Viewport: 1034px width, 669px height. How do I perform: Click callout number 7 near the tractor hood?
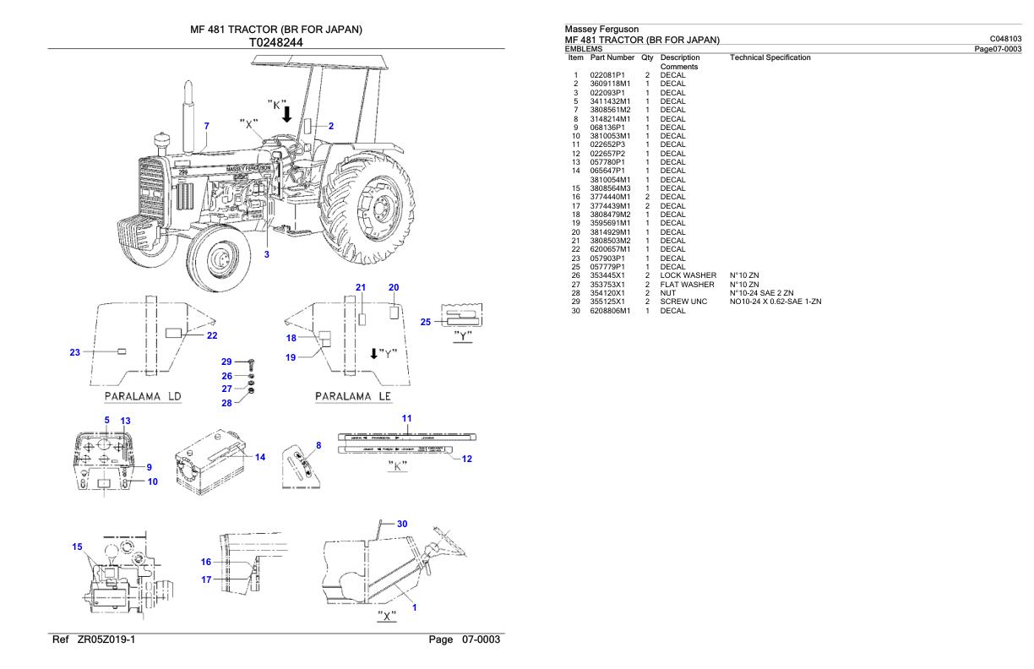(x=206, y=126)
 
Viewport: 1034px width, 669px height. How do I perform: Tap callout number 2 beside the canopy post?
(x=331, y=126)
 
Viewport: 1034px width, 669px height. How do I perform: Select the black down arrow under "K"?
(x=288, y=113)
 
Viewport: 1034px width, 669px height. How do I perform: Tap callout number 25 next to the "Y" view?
(x=426, y=321)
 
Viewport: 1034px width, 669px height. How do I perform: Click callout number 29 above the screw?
(x=226, y=361)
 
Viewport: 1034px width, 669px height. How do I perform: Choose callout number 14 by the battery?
(x=260, y=457)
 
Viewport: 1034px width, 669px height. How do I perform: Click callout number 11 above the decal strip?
(x=405, y=418)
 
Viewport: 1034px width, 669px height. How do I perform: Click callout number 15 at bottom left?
(x=79, y=547)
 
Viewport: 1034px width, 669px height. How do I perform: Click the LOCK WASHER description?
(x=688, y=276)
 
